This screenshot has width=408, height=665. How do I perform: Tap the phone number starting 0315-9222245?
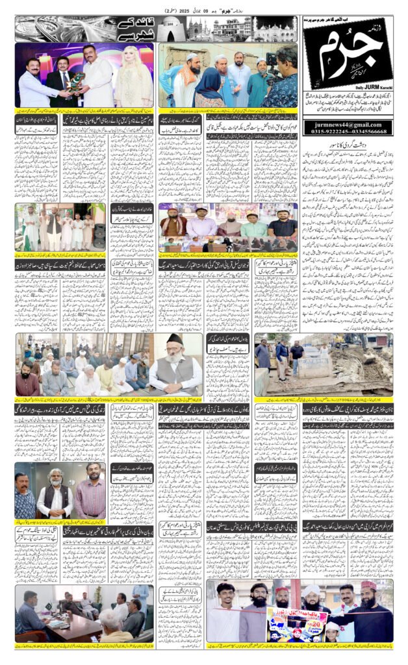[x=346, y=131]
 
